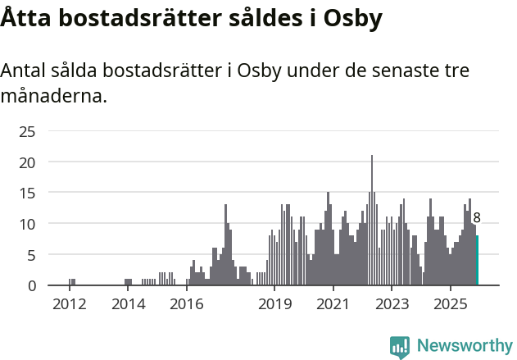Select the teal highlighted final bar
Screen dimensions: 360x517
coord(477,261)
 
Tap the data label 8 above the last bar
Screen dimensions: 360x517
coord(477,218)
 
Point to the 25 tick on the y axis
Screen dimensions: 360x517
coord(27,131)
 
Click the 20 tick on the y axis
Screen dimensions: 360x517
coord(27,162)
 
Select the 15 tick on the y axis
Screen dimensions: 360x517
coord(27,193)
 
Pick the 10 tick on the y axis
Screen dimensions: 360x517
coord(27,224)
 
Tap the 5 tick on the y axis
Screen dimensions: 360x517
coord(30,255)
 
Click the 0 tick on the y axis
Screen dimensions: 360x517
coord(30,285)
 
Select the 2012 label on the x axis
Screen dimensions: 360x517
coord(69,304)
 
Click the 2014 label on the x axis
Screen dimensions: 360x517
coord(127,304)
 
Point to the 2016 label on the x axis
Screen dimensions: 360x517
coord(186,304)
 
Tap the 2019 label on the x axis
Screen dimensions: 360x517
coord(274,304)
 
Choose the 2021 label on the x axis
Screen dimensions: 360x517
coord(333,304)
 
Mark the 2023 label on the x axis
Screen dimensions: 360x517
coord(392,304)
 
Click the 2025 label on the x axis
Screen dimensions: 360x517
coord(450,304)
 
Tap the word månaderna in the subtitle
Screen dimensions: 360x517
coord(53,96)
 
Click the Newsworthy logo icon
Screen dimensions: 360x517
coord(400,346)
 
